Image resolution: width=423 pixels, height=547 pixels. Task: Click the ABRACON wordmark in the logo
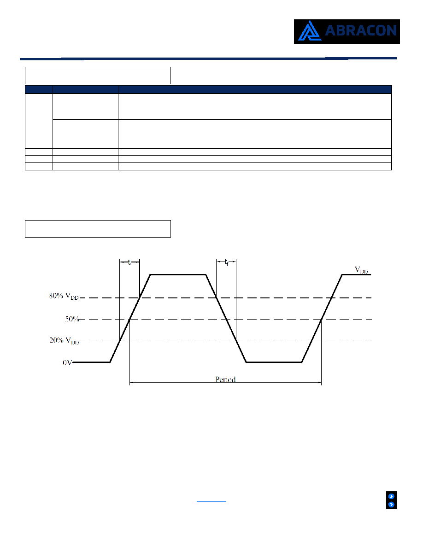pos(361,31)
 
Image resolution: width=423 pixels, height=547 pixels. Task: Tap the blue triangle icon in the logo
pos(309,31)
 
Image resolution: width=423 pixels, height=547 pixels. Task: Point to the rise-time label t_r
pos(129,262)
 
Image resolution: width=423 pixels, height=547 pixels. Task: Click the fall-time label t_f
pos(226,262)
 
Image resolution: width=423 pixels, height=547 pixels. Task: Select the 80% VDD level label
pos(64,296)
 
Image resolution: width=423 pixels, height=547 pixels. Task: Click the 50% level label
pos(72,319)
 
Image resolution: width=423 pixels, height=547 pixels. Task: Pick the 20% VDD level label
pos(64,340)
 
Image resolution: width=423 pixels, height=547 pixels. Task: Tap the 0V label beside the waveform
pos(67,363)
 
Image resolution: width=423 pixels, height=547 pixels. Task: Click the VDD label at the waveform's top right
pos(361,270)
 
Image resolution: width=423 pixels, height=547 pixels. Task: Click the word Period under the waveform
pos(225,379)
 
